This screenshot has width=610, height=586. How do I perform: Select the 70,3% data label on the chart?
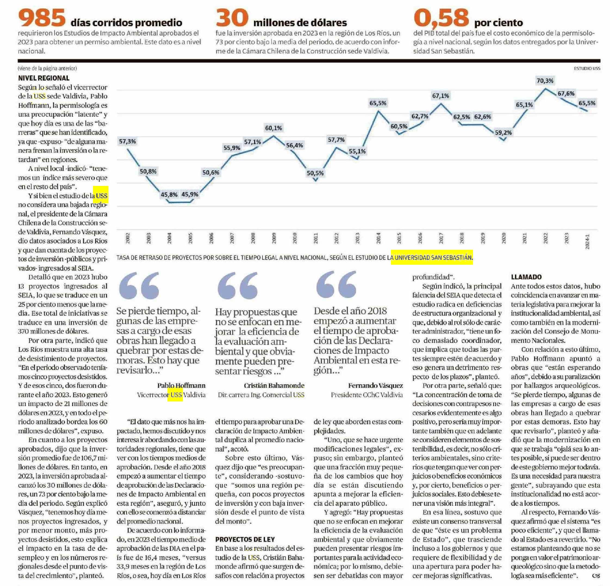tap(545, 81)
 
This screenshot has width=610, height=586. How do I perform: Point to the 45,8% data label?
tap(169, 195)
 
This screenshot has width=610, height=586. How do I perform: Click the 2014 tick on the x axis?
tap(378, 238)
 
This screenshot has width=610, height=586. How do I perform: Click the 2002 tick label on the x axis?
tap(127, 238)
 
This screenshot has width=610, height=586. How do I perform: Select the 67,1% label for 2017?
tap(440, 96)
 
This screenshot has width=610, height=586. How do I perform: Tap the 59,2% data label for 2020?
tap(503, 133)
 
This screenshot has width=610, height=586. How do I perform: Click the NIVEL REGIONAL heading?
tap(43, 78)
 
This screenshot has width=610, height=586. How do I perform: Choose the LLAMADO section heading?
tap(526, 277)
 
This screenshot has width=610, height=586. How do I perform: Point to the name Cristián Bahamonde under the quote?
tap(274, 386)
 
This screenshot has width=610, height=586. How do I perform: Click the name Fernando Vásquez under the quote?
tap(375, 386)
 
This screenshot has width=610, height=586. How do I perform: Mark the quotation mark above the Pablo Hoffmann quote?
tap(139, 285)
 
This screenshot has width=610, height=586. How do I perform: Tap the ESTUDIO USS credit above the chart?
tap(587, 68)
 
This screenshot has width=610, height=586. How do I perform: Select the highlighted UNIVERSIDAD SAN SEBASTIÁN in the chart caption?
tap(432, 257)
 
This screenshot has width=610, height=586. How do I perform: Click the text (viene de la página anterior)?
tap(47, 68)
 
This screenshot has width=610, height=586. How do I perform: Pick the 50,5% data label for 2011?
tap(315, 173)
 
